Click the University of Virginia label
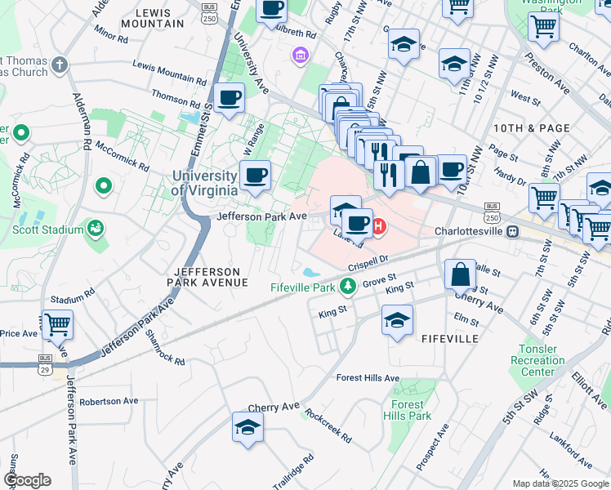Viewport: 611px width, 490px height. pos(204,183)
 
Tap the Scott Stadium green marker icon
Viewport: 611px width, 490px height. pos(96,228)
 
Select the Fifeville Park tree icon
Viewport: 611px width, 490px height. pos(349,286)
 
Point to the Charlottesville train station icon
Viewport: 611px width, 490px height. pos(512,231)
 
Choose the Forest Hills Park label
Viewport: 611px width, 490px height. pos(407,410)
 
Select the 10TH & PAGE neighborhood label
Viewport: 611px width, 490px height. pos(520,129)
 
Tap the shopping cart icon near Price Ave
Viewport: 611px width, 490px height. pos(57,324)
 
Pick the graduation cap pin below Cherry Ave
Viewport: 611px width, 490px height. pos(248,427)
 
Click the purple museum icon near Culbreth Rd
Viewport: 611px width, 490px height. pos(300,55)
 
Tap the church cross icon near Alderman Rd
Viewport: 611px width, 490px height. pos(60,64)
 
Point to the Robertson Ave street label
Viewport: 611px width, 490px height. pos(109,402)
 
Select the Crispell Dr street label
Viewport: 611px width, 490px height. pos(371,266)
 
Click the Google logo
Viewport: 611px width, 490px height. pos(27,480)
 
